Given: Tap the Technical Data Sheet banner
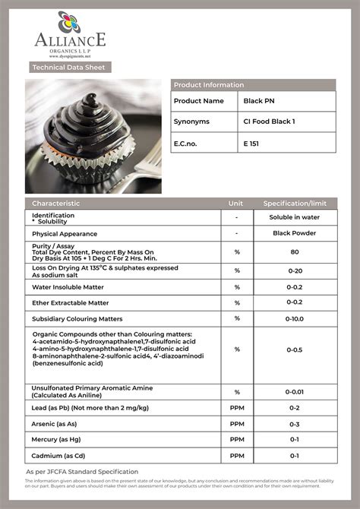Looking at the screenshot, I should pyautogui.click(x=68, y=68).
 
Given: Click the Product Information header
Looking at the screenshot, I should pyautogui.click(x=209, y=85).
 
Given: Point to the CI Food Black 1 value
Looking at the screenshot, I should pyautogui.click(x=269, y=122).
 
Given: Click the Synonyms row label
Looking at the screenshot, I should pyautogui.click(x=191, y=122).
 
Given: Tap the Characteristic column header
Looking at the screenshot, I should pyautogui.click(x=55, y=204).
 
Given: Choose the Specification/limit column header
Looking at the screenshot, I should pyautogui.click(x=294, y=204).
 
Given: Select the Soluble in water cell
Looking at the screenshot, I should pyautogui.click(x=294, y=217).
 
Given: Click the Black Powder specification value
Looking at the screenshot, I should pyautogui.click(x=294, y=233).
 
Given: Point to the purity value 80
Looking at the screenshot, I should pyautogui.click(x=294, y=251).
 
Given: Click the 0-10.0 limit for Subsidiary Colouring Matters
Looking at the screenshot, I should pyautogui.click(x=294, y=319).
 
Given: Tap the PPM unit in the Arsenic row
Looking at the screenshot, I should pyautogui.click(x=237, y=424).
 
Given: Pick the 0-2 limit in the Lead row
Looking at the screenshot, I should pyautogui.click(x=294, y=408).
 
